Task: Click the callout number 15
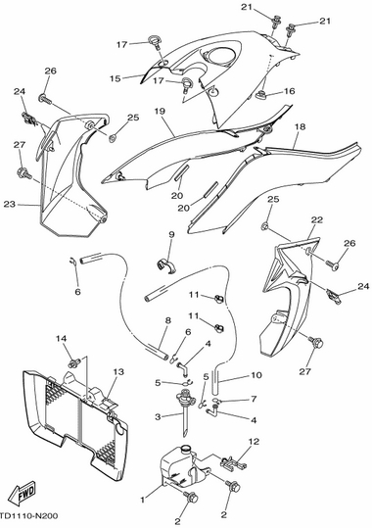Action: pyautogui.click(x=116, y=78)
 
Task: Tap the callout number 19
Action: pyautogui.click(x=160, y=111)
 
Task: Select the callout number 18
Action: pyautogui.click(x=300, y=126)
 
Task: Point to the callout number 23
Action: pyautogui.click(x=10, y=204)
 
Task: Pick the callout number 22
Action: pyautogui.click(x=317, y=219)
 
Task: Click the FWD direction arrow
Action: pyautogui.click(x=23, y=494)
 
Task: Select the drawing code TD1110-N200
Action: pyautogui.click(x=29, y=516)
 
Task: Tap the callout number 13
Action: pyautogui.click(x=118, y=372)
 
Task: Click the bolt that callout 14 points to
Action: pyautogui.click(x=74, y=363)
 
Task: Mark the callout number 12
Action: pyautogui.click(x=255, y=441)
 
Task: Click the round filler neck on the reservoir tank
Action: pyautogui.click(x=185, y=449)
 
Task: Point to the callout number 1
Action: pyautogui.click(x=143, y=500)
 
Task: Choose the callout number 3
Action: pyautogui.click(x=158, y=417)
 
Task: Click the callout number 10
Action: pyautogui.click(x=256, y=375)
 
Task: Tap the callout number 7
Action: pyautogui.click(x=254, y=399)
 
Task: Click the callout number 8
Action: pyautogui.click(x=168, y=320)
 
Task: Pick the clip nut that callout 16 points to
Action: pyautogui.click(x=262, y=95)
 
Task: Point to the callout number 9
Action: pyautogui.click(x=171, y=234)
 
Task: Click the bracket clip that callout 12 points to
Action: pyautogui.click(x=233, y=462)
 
